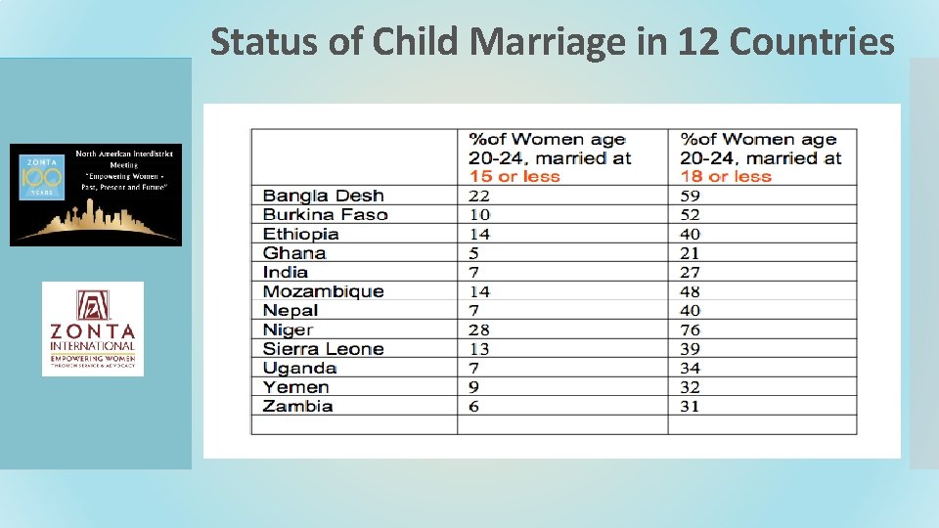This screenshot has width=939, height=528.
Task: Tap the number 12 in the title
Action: coord(693,42)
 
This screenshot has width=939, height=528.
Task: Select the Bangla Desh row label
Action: coord(323,196)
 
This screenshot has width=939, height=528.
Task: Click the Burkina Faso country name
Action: coord(325,215)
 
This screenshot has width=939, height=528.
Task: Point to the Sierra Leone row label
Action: coord(323,349)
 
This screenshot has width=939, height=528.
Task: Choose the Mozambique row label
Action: coord(323,291)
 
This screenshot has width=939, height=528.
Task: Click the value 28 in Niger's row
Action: coord(479,330)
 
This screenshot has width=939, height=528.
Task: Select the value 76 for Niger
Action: coord(691,330)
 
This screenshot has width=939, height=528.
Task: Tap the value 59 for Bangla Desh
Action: coord(691,196)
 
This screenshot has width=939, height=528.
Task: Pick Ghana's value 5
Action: coord(474,253)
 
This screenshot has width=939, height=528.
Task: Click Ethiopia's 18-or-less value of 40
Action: coord(691,234)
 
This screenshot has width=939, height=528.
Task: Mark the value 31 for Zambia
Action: coord(691,406)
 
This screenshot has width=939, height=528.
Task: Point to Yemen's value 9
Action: coord(474,387)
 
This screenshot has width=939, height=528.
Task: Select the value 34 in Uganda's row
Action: coord(691,368)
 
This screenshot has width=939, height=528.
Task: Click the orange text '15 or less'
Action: coord(514,177)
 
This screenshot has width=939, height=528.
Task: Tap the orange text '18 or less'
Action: coord(726,177)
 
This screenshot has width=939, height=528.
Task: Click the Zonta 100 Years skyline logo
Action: coord(96,195)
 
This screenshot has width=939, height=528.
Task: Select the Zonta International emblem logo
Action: coord(93,329)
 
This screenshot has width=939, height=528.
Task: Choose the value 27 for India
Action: coord(691,272)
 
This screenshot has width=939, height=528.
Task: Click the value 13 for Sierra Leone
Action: coord(479,349)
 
